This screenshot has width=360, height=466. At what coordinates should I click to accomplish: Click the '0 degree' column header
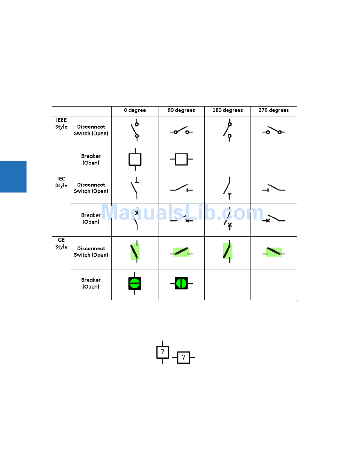click(135, 110)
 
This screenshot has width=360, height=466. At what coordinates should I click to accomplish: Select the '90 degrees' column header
click(181, 110)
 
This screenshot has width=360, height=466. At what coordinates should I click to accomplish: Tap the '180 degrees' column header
click(227, 110)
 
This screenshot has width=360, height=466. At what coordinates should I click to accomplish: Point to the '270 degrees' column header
click(274, 110)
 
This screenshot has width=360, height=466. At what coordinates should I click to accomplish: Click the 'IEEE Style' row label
click(61, 123)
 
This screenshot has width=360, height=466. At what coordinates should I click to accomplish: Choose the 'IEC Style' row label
click(61, 182)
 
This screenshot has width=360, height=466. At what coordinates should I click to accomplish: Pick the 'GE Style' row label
click(61, 243)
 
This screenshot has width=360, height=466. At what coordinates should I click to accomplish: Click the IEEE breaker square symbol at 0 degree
click(135, 159)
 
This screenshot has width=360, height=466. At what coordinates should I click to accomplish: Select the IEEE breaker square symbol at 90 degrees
click(181, 159)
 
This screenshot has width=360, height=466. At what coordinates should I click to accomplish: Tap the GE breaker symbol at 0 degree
click(135, 283)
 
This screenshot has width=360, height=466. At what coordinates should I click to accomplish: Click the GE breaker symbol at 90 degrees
click(181, 283)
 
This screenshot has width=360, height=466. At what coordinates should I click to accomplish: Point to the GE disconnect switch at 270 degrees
click(274, 252)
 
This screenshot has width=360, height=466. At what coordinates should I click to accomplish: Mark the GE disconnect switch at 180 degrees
click(228, 251)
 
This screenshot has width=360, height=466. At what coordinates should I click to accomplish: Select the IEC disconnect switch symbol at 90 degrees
click(181, 188)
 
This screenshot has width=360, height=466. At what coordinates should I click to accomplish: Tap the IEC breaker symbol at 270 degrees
click(274, 219)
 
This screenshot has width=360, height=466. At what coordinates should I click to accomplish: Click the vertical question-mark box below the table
click(163, 352)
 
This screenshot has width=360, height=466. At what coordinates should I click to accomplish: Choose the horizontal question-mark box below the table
click(183, 357)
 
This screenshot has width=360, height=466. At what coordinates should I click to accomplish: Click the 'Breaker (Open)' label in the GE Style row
click(91, 283)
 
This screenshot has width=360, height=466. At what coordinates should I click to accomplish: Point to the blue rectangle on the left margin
click(13, 176)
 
